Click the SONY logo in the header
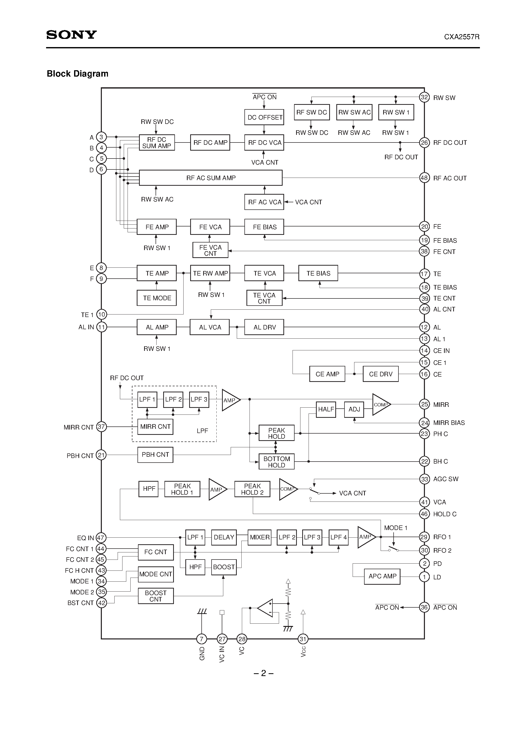pos(71,35)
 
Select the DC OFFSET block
pos(264,117)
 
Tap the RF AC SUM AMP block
pos(211,178)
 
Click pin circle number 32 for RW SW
pos(424,97)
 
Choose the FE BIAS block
pos(264,227)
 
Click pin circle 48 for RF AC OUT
pos(424,178)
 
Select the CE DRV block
pos(380,374)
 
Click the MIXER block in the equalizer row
pos(259,537)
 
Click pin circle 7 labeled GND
pos(202,639)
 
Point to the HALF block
pos(326,409)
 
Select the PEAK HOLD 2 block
pos(252,489)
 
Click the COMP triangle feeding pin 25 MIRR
pos(380,404)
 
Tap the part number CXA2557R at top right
pos(462,37)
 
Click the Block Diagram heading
pos(77,74)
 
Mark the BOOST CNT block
pos(156,596)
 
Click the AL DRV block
pos(264,327)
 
